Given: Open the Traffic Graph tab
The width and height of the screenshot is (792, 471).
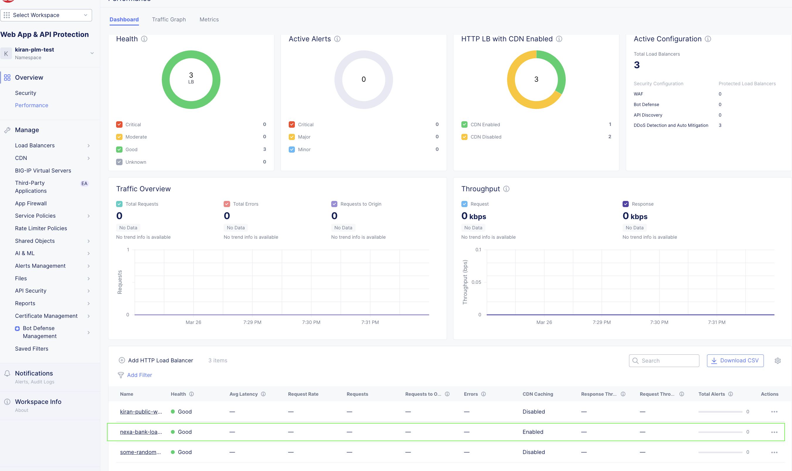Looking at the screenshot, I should click(169, 19).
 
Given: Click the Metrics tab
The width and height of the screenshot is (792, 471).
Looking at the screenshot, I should click(209, 19).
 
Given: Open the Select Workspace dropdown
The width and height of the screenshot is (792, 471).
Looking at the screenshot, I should click(46, 15).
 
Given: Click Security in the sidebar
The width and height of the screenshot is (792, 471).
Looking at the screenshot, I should click(26, 93).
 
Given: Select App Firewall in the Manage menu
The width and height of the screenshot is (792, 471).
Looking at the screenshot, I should click(31, 203).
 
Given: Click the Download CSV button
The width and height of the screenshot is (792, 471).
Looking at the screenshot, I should click(735, 360).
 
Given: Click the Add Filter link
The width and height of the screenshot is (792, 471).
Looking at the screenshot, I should click(139, 375).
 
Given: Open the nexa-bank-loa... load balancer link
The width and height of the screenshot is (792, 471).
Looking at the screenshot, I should click(141, 432).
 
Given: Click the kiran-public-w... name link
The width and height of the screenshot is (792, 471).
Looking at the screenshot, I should click(141, 411).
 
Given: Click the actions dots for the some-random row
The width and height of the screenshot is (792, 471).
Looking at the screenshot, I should click(774, 452).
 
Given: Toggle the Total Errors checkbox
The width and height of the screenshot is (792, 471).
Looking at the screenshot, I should click(227, 204).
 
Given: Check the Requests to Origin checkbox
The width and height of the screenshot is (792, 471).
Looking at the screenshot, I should click(334, 204).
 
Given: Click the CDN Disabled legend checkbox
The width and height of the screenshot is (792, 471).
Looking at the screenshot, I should click(464, 137).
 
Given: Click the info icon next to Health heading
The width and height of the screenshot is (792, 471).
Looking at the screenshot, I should click(144, 39).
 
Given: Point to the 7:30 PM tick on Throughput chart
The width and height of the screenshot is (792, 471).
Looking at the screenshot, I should click(659, 322).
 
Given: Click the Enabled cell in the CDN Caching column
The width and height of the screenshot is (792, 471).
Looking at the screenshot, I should click(533, 432).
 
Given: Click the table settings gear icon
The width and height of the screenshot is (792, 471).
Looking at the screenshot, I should click(777, 361).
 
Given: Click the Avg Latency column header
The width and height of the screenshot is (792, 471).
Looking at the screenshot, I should click(243, 394).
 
